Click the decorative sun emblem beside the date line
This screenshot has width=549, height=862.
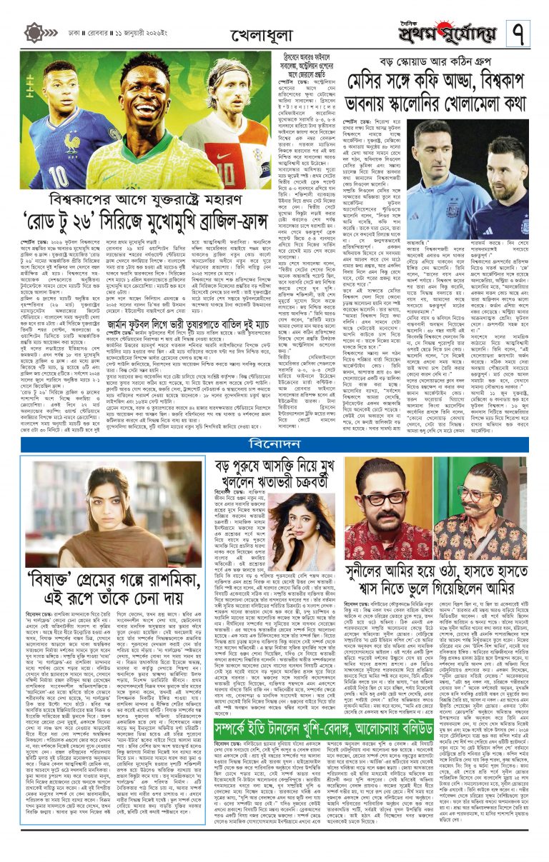coord(34,33)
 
